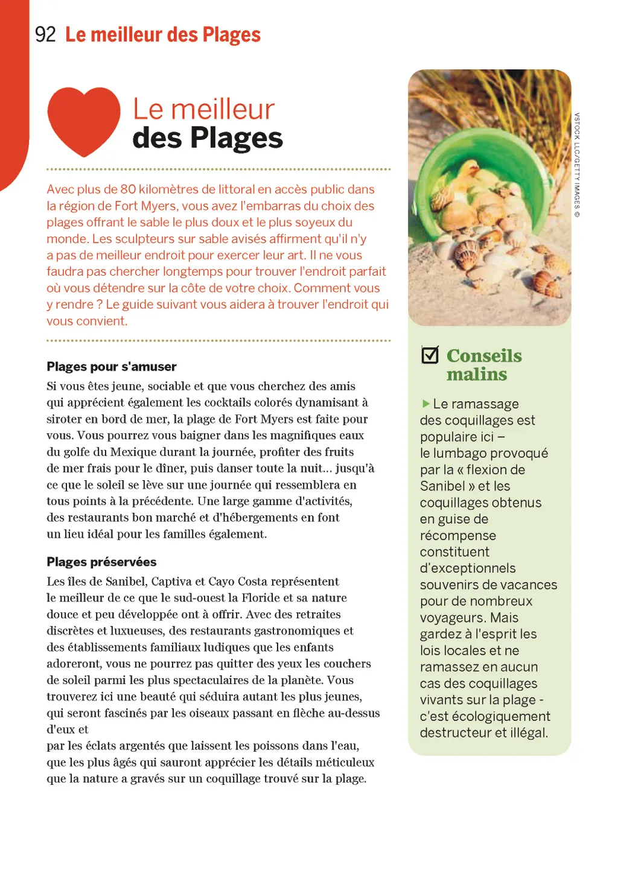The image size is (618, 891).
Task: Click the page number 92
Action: pos(45,34)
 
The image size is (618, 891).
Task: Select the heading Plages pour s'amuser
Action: pos(112,367)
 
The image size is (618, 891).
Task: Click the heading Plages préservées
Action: pos(101,562)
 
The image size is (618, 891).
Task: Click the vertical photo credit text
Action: pos(577,165)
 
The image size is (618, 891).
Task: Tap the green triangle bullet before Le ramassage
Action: pos(425,404)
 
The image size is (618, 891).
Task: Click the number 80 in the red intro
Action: pos(128,189)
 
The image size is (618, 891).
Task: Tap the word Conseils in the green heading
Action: pos(484,355)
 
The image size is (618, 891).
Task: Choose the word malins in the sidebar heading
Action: pos(477,375)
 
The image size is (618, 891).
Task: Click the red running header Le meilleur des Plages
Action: pos(163,35)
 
